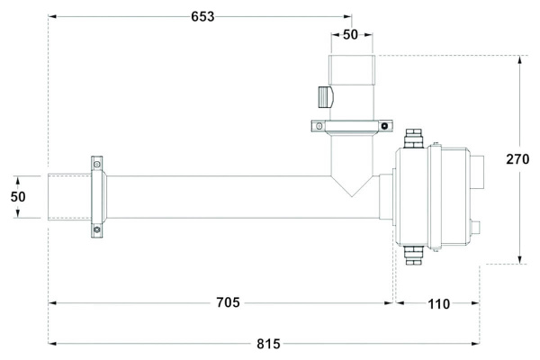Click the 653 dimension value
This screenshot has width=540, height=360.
pos(202,16)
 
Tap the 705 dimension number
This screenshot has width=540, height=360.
pos(228,302)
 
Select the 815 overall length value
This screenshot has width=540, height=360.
pos(268,344)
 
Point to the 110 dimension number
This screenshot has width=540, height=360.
pos(439,304)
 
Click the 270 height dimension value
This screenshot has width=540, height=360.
pos(517,159)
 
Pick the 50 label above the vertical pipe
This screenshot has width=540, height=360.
pos(351,35)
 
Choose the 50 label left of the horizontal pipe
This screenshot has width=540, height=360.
pos(18,197)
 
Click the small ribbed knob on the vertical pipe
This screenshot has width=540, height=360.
pos(325,97)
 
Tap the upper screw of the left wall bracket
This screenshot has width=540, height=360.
pos(97,164)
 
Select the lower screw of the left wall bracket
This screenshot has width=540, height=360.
pos(97,229)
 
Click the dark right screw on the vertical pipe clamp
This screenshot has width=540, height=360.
pos(384,126)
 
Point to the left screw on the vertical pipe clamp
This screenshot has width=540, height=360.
pos(319,126)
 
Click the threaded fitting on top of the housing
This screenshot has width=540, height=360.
pos(414,139)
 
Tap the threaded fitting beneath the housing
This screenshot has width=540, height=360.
pos(414,256)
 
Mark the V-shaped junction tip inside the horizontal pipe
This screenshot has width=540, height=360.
pos(352,197)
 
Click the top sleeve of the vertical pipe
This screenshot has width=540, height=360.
pos(352,70)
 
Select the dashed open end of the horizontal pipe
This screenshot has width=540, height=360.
pos(69,197)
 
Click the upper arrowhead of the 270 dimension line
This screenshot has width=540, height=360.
pos(520,59)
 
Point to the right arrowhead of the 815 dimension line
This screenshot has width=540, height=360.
pos(475,344)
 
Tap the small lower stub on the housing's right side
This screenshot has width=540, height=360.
pos(475,228)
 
